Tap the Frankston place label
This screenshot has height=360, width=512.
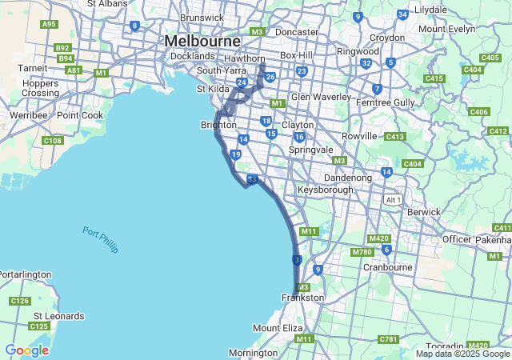303,298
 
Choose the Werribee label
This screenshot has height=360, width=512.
24,115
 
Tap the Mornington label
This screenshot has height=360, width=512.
253,353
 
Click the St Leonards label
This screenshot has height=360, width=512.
58,316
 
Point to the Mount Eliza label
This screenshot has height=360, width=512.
278,328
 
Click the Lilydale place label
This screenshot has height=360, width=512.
430,9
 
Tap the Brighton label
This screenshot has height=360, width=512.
218,125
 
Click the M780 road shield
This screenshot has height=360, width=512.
362,253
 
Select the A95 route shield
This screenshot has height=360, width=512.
49,24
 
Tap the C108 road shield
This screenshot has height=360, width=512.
54,142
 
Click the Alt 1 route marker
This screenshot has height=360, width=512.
391,199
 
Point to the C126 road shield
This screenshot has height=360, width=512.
20,301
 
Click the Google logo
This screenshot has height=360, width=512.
26,350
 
